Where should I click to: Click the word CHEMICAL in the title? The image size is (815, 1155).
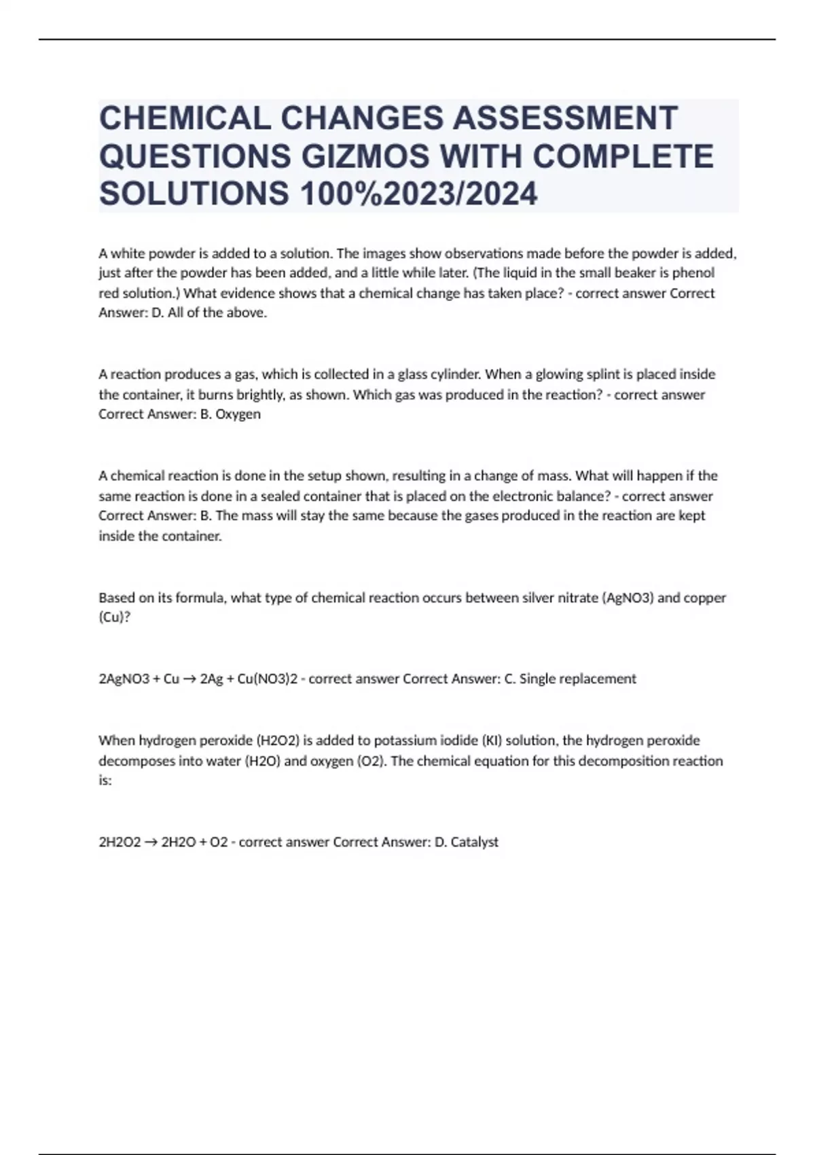(x=184, y=118)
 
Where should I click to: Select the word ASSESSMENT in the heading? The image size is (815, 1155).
(x=565, y=118)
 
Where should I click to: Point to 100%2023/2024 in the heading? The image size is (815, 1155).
(x=418, y=194)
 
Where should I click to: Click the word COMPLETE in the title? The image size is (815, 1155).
(x=623, y=156)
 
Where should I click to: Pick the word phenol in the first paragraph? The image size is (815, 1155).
(x=692, y=273)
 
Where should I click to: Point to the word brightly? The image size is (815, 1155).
(x=251, y=395)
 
